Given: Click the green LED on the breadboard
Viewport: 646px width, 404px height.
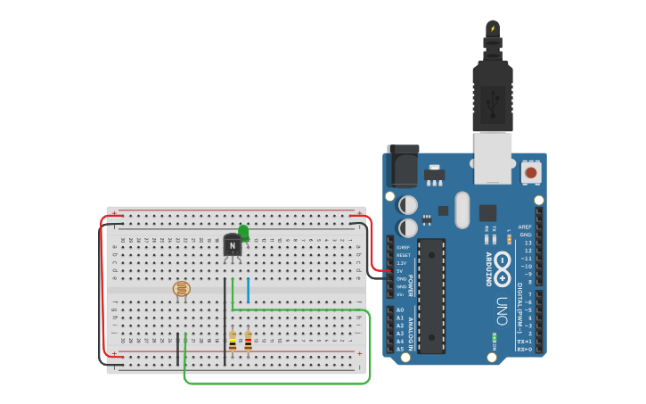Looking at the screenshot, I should (243, 232).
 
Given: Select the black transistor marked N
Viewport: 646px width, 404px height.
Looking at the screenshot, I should (233, 245).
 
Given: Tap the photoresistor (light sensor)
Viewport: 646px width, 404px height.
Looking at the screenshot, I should (181, 288).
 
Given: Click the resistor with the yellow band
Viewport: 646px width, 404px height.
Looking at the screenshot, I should (233, 342).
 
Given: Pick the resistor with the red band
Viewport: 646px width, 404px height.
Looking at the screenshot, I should (248, 340).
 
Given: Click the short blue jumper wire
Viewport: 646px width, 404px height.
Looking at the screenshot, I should (248, 291).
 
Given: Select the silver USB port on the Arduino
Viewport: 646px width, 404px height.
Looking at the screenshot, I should (492, 157).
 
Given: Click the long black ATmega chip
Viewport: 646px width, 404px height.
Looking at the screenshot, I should (431, 295).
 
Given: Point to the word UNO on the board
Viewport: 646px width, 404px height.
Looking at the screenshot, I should (503, 309).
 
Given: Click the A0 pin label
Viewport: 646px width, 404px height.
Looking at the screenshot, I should (400, 309).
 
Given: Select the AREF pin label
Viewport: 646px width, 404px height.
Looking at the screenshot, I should (525, 227).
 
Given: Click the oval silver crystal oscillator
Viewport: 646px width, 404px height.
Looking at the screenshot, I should (462, 210).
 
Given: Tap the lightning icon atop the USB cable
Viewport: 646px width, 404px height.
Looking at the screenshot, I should (493, 29).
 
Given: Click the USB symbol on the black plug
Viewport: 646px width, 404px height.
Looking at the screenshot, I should (493, 103).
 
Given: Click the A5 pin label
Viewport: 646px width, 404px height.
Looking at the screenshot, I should (400, 349).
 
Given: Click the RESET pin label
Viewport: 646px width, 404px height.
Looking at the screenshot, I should (403, 255).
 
